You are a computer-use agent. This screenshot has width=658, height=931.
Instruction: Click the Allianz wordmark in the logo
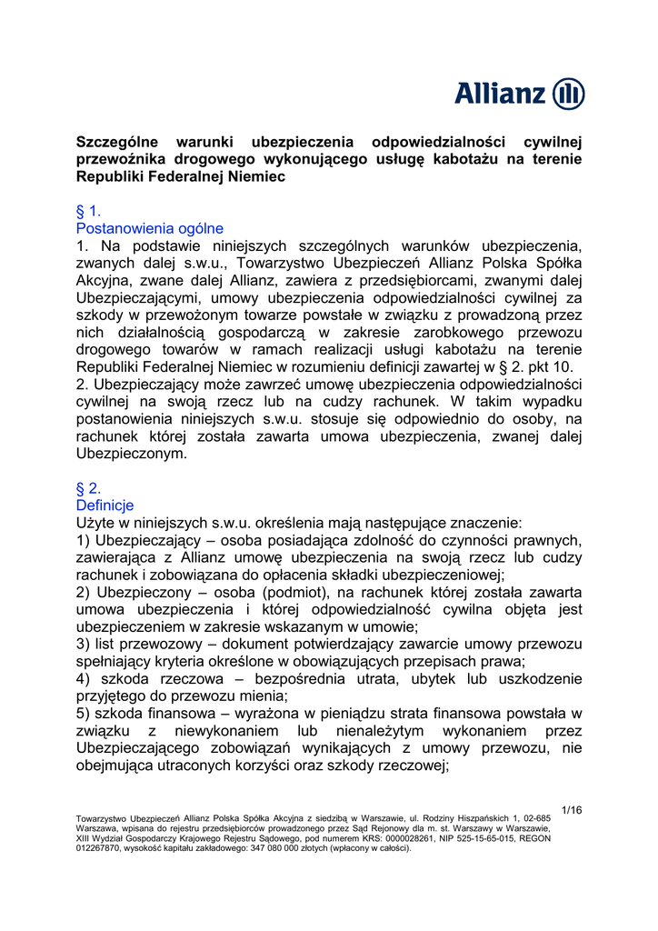(x=500, y=94)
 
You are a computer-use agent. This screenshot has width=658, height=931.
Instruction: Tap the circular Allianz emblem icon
(x=568, y=94)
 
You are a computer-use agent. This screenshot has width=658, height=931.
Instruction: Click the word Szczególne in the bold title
(x=117, y=142)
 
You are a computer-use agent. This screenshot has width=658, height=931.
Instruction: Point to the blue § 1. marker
(x=89, y=211)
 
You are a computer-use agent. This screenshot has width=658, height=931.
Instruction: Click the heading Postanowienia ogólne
(x=150, y=228)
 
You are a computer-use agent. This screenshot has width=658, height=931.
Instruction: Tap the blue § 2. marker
(x=89, y=488)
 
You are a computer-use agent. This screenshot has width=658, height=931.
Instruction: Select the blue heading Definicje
(x=105, y=506)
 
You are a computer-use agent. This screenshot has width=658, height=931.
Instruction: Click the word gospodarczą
(x=256, y=333)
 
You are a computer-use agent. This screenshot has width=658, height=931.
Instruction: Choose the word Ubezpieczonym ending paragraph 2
(x=133, y=454)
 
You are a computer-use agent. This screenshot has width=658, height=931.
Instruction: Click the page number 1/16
(x=572, y=810)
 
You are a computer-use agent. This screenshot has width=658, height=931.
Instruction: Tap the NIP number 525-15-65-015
(x=507, y=838)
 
